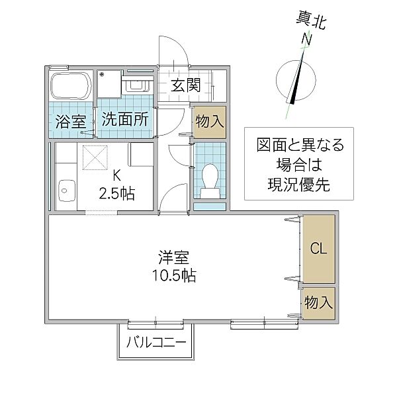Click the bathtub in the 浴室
pos(71,86)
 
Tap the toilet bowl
pos(210,177)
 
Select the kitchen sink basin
pos(67,191)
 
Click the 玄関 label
pos(186,85)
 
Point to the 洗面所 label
pos(125,119)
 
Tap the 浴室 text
pos(71,121)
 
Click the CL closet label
pos(319,248)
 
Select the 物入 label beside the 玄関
pos(210,121)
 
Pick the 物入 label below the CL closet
pos(319,302)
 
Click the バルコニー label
pos(156,343)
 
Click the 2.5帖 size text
pos(116,194)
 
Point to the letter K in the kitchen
pos(116,175)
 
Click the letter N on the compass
pos(307,39)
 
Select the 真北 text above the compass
pos(311,21)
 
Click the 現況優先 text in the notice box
pos(299,185)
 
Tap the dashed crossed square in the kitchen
pos(95,157)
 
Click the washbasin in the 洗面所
pos(138,85)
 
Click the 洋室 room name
pos(174,257)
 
